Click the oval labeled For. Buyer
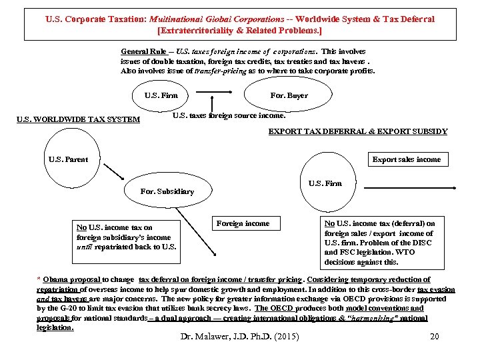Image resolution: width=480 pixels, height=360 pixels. pyautogui.click(x=289, y=95)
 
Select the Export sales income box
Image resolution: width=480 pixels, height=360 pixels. pyautogui.click(x=406, y=159)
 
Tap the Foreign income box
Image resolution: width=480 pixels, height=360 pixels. pyautogui.click(x=243, y=223)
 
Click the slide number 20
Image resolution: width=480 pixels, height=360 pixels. pyautogui.click(x=435, y=336)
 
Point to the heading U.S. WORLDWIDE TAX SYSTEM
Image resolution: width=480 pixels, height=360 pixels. pyautogui.click(x=78, y=120)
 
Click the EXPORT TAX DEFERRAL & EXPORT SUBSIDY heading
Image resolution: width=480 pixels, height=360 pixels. pyautogui.click(x=357, y=131)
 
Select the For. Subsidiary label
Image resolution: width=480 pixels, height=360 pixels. pyautogui.click(x=167, y=191)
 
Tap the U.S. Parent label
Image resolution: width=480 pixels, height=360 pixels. pyautogui.click(x=69, y=159)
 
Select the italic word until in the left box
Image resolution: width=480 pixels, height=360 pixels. pyautogui.click(x=85, y=247)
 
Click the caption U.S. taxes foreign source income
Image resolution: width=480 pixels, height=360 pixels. pyautogui.click(x=229, y=115)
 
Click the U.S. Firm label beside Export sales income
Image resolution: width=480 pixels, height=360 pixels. pyautogui.click(x=325, y=183)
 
